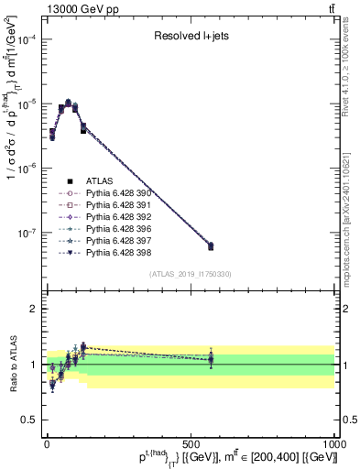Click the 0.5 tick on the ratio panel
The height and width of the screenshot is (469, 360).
click(x=27, y=420)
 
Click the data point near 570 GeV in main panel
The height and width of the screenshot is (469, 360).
click(x=211, y=245)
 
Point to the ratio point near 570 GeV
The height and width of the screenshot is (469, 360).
click(x=211, y=359)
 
